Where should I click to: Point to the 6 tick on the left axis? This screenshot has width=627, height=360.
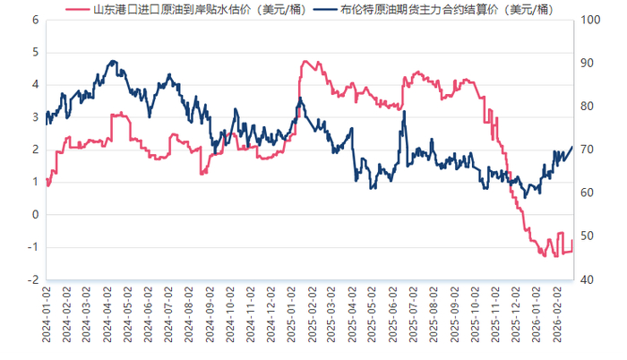click(x=35, y=20)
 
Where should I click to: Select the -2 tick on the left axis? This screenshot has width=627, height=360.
click(x=32, y=279)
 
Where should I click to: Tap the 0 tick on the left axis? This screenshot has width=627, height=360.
click(x=35, y=215)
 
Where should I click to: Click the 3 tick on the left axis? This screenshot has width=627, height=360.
click(x=35, y=117)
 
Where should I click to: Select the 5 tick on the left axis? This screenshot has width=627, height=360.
click(x=35, y=52)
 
